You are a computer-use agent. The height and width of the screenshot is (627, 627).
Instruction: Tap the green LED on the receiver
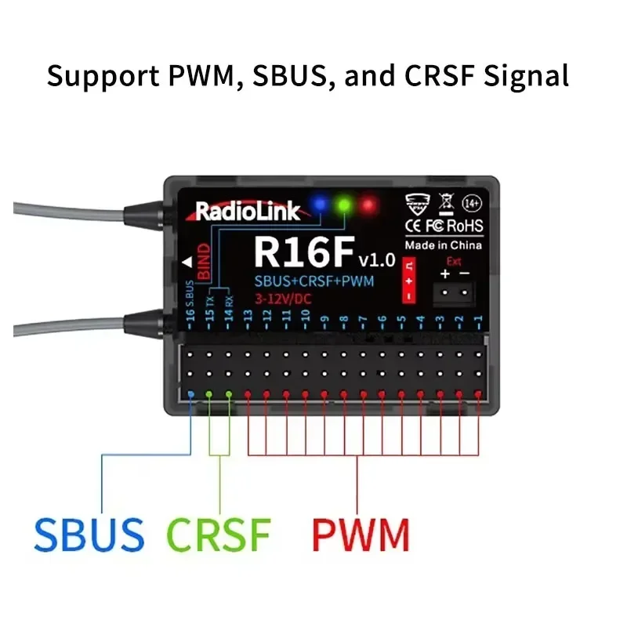click(x=342, y=205)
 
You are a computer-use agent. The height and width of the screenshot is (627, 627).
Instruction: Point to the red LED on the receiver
click(x=367, y=205)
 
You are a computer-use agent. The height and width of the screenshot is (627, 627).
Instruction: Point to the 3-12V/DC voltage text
click(x=281, y=298)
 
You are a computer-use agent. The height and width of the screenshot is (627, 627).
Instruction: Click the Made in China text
click(x=443, y=245)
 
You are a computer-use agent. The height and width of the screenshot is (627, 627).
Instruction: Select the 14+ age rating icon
click(x=472, y=202)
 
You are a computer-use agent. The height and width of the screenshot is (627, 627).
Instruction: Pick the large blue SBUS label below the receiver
click(x=89, y=535)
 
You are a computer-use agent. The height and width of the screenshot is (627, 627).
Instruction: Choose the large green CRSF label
click(x=219, y=535)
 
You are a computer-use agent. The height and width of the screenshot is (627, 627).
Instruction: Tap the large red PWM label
click(x=361, y=535)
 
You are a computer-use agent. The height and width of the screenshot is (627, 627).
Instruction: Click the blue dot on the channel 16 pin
click(x=190, y=393)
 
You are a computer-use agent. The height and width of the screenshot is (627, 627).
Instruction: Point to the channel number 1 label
click(x=478, y=319)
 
